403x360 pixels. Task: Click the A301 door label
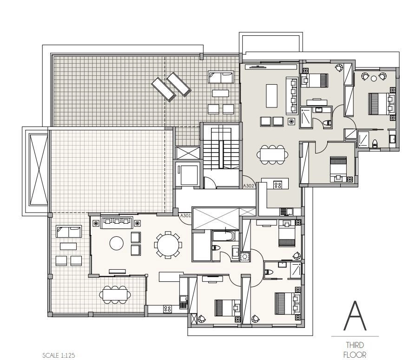tap(185, 215)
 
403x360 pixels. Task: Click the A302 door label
tap(248, 186)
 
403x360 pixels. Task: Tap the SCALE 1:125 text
tap(59, 355)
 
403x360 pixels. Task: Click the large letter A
tap(355, 316)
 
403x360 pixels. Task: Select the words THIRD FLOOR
tap(355, 350)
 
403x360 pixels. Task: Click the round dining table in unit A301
tap(168, 245)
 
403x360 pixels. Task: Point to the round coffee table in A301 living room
tap(116, 243)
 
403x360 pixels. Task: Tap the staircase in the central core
tap(221, 149)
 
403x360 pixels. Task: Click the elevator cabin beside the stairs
tap(189, 174)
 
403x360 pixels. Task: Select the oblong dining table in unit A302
tap(272, 155)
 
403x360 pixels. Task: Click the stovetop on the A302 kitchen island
tap(277, 185)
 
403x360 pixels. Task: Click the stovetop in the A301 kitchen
tap(167, 309)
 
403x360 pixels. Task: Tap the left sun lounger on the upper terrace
tap(164, 89)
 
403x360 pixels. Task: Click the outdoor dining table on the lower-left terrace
tap(115, 294)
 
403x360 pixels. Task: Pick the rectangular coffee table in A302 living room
tap(271, 96)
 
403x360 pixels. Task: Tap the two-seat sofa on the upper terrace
tap(221, 77)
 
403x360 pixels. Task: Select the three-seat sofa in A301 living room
tap(117, 222)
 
